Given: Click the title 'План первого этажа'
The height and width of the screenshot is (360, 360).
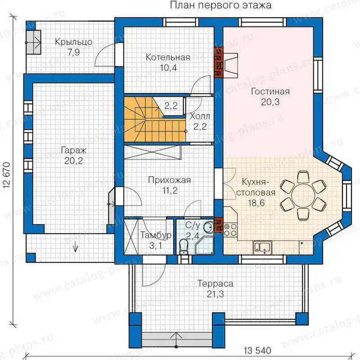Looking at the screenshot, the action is pos(220,5).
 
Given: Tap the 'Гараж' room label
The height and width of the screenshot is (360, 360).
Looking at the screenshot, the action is pos(74,151).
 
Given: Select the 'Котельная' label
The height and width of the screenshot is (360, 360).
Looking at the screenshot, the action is pos(168,57).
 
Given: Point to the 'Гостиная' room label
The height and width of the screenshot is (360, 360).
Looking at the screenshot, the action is pos(270,91).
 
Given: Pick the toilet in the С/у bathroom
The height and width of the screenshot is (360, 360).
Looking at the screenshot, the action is pos(183,246).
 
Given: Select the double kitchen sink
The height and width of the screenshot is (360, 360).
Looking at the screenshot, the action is pos(262,247).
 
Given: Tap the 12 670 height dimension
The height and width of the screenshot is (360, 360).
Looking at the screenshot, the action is pos(7,175).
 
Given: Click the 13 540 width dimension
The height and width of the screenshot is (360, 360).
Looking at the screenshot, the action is pos(257,351).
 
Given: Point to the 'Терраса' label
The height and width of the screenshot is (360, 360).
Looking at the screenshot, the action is pos(216,284).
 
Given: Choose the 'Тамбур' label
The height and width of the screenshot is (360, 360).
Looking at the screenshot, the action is pos(156,235).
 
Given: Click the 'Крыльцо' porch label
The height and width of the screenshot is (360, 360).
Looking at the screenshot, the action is pos(74,42).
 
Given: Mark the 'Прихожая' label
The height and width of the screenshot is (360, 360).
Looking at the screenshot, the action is pos(170,180).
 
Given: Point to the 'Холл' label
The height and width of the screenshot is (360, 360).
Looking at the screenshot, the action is pos(200,116).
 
